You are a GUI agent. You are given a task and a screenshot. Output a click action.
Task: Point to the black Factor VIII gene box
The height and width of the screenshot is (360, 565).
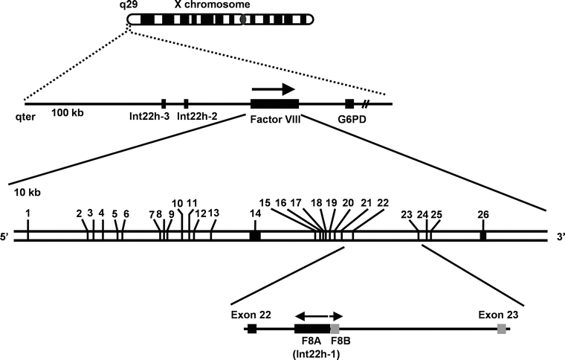click(x=274, y=104)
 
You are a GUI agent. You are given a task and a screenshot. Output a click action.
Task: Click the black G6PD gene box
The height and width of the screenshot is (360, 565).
click(x=349, y=104)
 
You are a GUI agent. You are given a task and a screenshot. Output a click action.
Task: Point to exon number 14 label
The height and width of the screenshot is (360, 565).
click(x=255, y=213)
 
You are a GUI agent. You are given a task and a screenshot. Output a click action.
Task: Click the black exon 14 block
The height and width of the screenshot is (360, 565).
click(x=255, y=235)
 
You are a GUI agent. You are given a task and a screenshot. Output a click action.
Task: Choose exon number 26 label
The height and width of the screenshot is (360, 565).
click(x=483, y=214)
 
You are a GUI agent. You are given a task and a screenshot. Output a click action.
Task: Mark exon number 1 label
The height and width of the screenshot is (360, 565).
click(x=28, y=213)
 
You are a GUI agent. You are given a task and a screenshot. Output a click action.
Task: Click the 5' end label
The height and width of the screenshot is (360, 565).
click(x=6, y=237)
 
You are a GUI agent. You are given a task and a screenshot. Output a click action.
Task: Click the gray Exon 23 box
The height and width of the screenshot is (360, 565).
click(x=503, y=328)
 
